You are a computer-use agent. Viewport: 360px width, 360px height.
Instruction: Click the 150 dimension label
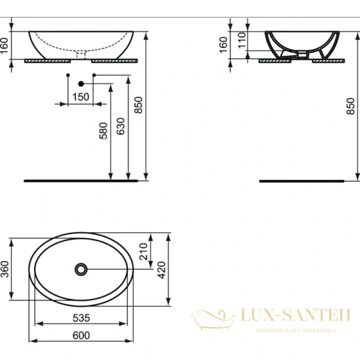[81, 97]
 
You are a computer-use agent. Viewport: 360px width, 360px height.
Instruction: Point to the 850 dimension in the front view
[139, 105]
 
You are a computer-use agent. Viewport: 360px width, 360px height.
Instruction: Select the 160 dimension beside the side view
[223, 44]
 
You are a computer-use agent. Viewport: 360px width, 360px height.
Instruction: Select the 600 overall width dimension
[81, 335]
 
